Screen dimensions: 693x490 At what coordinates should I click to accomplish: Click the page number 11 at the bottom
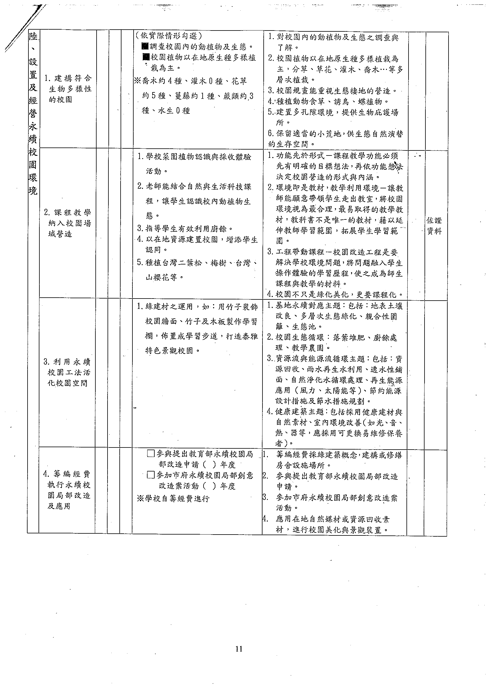click(239, 649)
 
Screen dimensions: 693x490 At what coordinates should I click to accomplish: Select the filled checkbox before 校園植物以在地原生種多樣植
click(146, 57)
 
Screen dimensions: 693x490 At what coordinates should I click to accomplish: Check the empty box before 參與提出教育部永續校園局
click(151, 462)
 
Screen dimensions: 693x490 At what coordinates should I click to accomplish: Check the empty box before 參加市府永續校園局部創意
click(151, 484)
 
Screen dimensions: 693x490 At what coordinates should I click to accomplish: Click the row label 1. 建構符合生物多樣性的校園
click(68, 89)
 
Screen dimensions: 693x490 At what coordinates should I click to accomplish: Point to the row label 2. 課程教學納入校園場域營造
click(67, 223)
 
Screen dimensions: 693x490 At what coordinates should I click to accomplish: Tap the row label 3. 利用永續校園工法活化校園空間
click(67, 372)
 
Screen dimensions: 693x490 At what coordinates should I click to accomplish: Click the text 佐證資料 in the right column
click(434, 226)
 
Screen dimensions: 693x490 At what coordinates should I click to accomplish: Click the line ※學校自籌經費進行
click(173, 498)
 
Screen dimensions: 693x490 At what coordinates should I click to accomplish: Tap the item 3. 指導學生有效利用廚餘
click(185, 229)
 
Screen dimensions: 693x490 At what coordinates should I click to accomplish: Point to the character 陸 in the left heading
click(33, 37)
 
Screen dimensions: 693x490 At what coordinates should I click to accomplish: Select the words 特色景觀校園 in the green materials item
click(169, 351)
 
